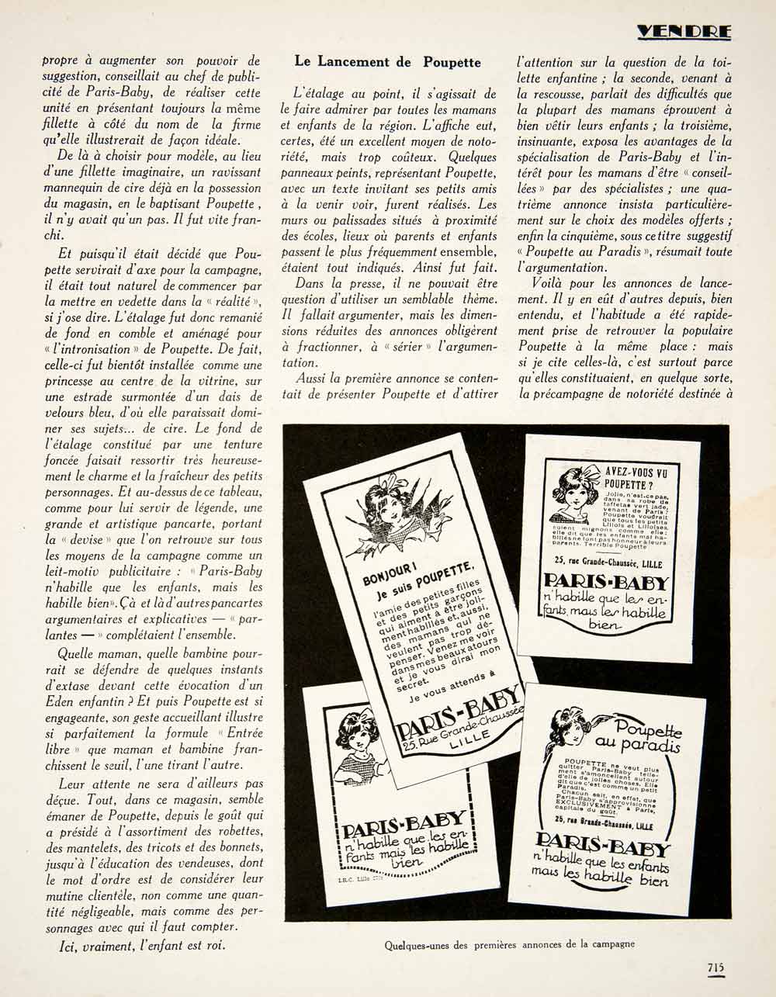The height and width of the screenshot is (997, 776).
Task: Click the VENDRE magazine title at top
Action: click(684, 32)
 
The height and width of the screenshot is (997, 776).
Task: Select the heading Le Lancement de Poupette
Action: click(388, 62)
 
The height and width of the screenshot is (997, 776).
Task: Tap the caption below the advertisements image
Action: click(509, 944)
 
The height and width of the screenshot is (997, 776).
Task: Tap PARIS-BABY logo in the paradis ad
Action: click(601, 844)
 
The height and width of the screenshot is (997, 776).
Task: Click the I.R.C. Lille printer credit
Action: click(361, 878)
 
